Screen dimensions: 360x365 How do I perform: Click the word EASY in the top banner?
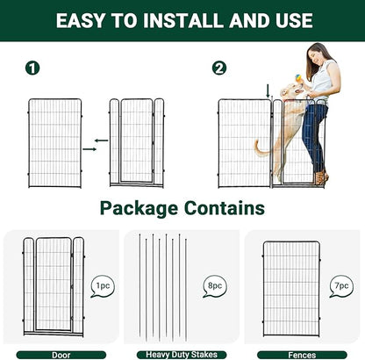[85, 18]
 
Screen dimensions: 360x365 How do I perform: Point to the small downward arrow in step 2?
[268, 89]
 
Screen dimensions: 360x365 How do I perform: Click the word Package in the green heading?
[144, 208]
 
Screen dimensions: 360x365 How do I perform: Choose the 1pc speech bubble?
[102, 285]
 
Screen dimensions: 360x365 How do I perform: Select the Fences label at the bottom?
[304, 354]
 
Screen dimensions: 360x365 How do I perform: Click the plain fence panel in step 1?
[54, 142]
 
